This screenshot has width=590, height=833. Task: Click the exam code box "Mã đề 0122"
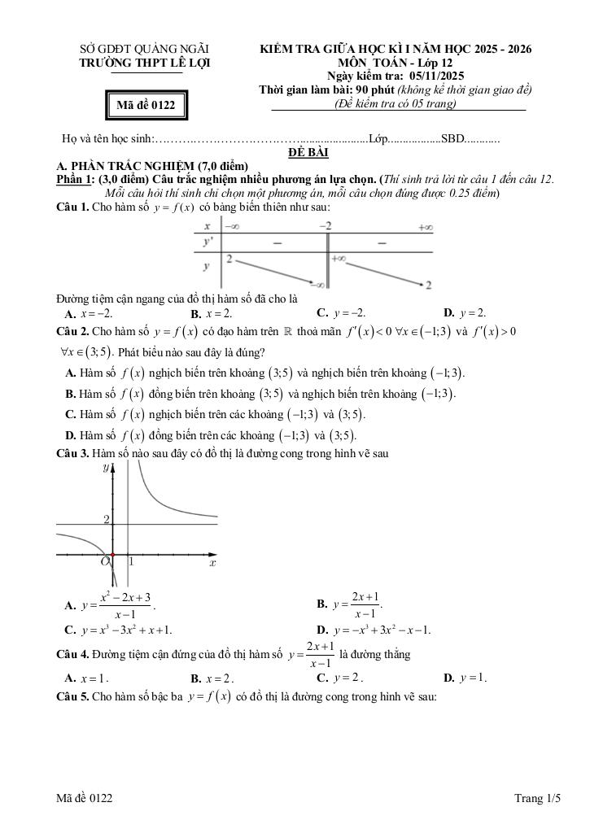pyautogui.click(x=146, y=104)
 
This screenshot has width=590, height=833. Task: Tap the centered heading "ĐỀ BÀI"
pyautogui.click(x=307, y=152)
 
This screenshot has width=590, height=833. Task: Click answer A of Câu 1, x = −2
pyautogui.click(x=89, y=313)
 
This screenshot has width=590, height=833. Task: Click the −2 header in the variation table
pyautogui.click(x=325, y=225)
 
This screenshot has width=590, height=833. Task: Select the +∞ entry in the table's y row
pyautogui.click(x=339, y=258)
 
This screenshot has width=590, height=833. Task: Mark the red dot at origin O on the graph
pyautogui.click(x=112, y=555)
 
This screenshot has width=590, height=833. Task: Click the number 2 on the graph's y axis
pyautogui.click(x=106, y=519)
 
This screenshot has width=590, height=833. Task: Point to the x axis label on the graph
pyautogui.click(x=212, y=562)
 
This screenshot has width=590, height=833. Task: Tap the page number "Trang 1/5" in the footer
pyautogui.click(x=538, y=800)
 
